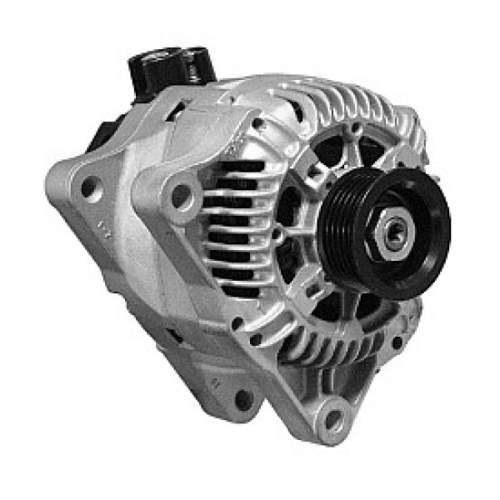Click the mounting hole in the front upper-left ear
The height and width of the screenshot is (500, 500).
[x=179, y=196]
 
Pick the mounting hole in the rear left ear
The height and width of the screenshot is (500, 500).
[x=87, y=188]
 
